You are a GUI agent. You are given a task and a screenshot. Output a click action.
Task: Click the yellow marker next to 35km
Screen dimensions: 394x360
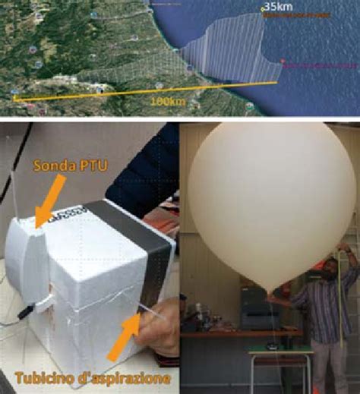point(263,9)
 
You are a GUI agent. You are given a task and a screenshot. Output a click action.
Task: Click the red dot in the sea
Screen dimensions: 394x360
point(282,61)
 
